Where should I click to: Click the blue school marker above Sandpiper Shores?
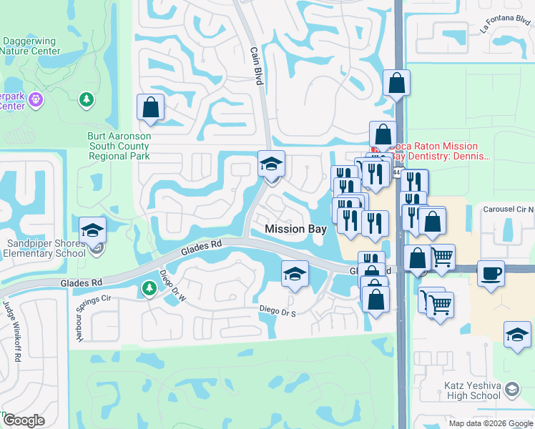(x=92, y=230)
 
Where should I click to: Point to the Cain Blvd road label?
(x=255, y=66)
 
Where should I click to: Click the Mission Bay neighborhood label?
(x=295, y=230)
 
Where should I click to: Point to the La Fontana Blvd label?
(x=505, y=26)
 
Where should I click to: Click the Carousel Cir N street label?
(x=508, y=209)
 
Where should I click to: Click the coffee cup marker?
(x=491, y=274)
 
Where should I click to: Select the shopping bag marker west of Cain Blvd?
(x=150, y=108)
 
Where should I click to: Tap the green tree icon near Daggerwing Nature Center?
(x=86, y=99)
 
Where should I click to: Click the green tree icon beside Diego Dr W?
(x=149, y=288)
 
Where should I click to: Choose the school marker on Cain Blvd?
(x=271, y=164)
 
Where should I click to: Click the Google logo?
(x=24, y=420)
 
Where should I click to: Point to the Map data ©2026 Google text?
(x=490, y=423)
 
